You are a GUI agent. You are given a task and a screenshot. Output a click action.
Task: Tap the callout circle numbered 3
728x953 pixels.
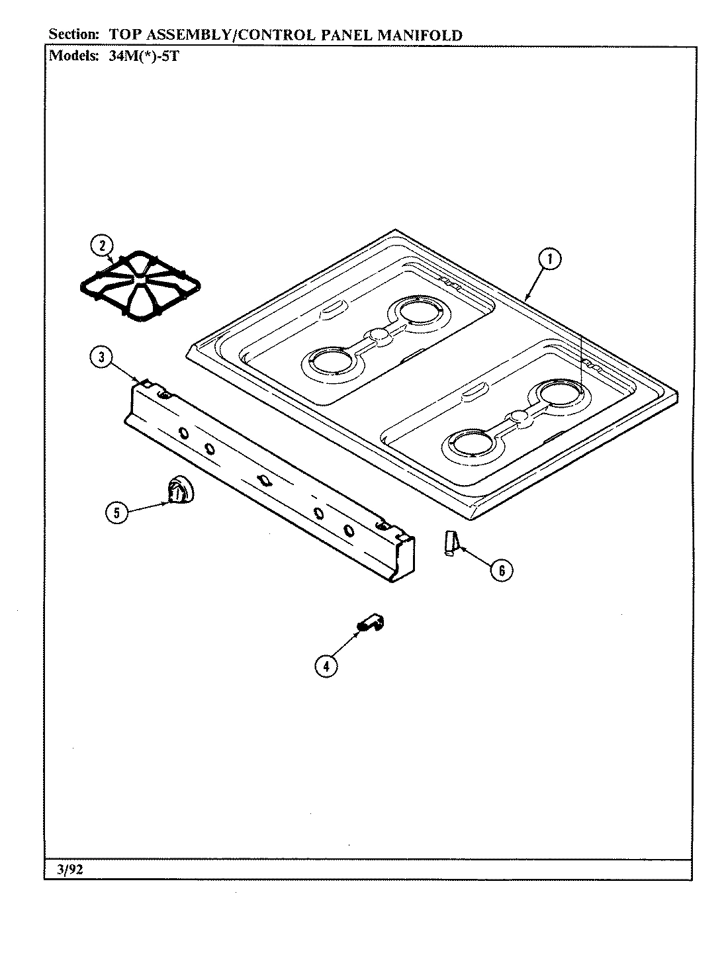[101, 358]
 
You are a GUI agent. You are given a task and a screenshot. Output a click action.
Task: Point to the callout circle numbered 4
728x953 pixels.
[325, 666]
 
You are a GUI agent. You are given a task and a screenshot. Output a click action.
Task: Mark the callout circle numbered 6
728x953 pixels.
[502, 569]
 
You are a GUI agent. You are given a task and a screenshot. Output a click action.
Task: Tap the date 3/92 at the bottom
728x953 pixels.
[68, 870]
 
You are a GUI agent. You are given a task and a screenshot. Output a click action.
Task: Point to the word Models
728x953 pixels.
[74, 56]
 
